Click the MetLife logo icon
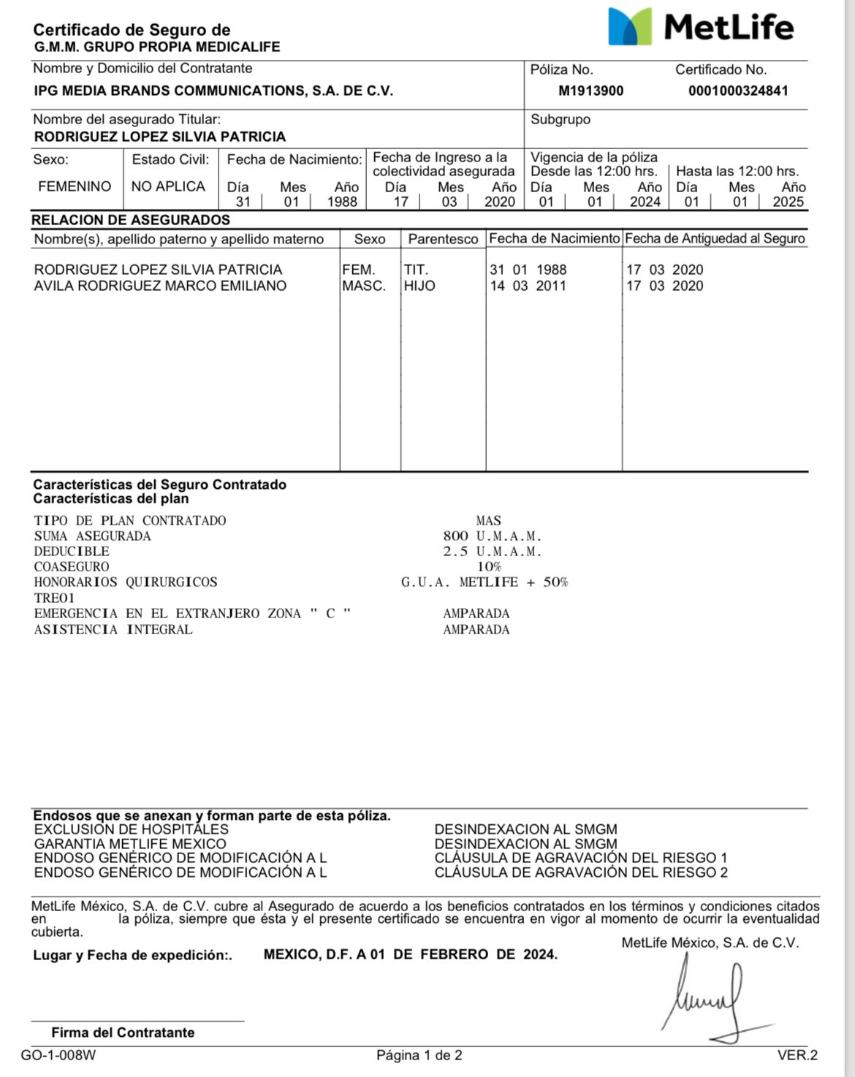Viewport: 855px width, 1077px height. click(630, 27)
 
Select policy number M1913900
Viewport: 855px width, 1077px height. click(590, 91)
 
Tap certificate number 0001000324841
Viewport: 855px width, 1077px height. click(738, 91)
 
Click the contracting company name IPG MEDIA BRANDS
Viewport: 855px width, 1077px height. click(213, 91)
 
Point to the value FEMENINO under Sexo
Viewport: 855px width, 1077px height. click(75, 186)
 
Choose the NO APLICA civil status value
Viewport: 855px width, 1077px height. click(168, 186)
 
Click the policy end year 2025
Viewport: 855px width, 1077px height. click(788, 202)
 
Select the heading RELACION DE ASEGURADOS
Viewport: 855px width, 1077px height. click(131, 220)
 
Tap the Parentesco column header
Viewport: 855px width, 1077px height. click(443, 239)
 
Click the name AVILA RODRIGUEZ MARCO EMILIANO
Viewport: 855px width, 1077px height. click(160, 286)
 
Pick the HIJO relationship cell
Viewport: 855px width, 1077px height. click(419, 286)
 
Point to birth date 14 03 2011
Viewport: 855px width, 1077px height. click(528, 286)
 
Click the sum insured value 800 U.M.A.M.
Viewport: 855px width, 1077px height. click(492, 536)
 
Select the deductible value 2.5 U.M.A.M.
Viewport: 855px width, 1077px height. click(492, 552)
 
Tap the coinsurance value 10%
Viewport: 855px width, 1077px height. click(489, 567)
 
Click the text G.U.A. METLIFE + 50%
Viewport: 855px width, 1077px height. click(484, 582)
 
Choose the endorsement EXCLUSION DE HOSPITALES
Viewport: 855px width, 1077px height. click(132, 829)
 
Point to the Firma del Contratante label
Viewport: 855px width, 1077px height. click(123, 1032)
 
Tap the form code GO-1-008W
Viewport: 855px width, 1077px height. click(58, 1055)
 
